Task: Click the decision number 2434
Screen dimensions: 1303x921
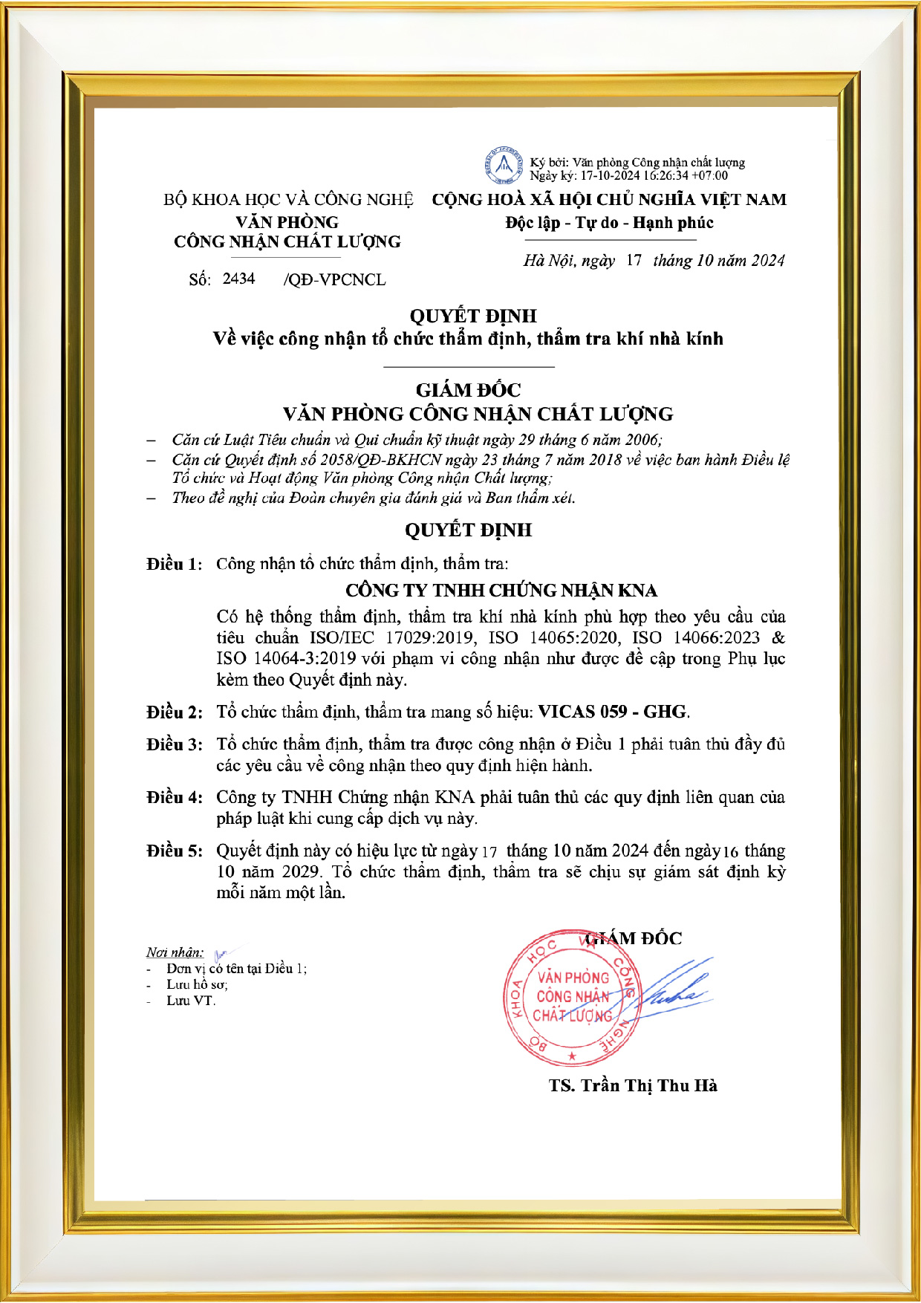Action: (x=238, y=279)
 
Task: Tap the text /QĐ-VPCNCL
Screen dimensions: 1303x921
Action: (x=335, y=279)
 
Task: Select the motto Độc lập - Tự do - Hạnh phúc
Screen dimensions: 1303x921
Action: (x=609, y=223)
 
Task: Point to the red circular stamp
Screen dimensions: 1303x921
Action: (x=571, y=998)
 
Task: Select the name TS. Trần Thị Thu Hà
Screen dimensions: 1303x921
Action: (x=633, y=1085)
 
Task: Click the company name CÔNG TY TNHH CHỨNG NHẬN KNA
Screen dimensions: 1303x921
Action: (x=501, y=591)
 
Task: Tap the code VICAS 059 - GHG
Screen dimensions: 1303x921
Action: (x=612, y=712)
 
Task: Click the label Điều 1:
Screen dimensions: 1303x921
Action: (x=175, y=565)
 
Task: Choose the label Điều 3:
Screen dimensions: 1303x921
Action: (x=175, y=744)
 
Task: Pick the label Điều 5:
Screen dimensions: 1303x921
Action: (x=175, y=851)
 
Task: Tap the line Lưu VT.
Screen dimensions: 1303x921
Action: (x=191, y=1001)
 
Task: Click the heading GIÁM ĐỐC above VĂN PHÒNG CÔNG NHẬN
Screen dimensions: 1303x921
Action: (x=468, y=390)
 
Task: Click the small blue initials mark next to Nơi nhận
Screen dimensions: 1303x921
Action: (x=221, y=954)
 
